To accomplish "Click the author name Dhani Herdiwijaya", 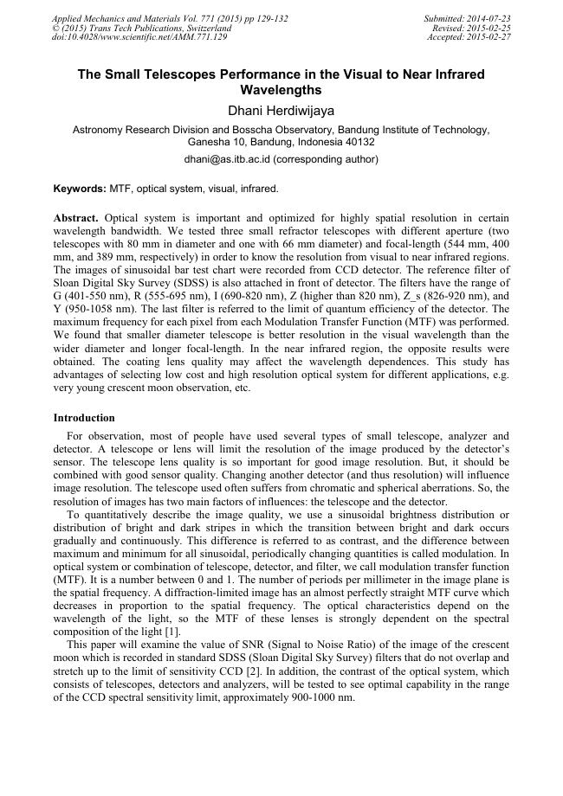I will coord(281,111).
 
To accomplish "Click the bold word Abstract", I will coord(75,217).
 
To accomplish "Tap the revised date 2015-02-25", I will coord(488,28).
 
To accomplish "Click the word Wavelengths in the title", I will coord(281,90).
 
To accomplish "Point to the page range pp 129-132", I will coord(259,18).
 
